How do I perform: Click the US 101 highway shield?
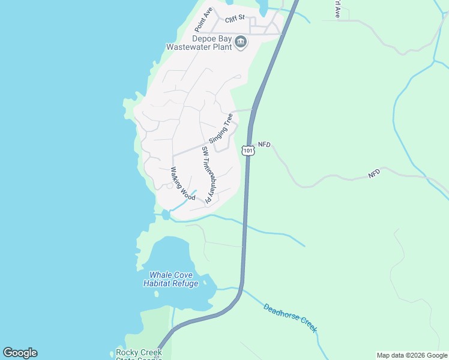(249, 149)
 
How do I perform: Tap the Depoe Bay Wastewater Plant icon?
(241, 41)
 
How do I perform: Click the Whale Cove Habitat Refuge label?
(170, 279)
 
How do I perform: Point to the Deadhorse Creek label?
(290, 318)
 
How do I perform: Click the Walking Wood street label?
(184, 184)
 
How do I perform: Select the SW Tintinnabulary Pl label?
(209, 175)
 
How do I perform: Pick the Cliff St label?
(236, 19)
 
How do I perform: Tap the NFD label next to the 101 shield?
(265, 145)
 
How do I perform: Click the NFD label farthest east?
(374, 173)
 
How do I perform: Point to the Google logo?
(20, 353)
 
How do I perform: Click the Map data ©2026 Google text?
(412, 355)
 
